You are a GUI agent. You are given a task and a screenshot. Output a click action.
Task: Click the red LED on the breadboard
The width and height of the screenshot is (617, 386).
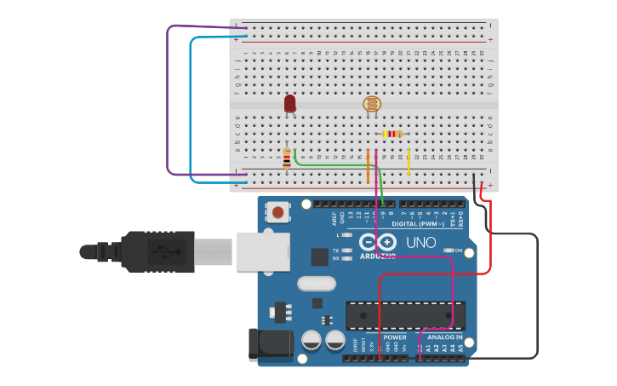[289, 104]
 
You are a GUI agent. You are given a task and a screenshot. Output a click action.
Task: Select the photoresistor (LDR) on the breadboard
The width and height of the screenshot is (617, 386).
[372, 105]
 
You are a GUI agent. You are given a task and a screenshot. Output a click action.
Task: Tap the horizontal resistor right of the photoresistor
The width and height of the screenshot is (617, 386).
[391, 134]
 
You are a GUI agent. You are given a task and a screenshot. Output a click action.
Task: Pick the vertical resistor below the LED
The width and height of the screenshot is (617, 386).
[287, 158]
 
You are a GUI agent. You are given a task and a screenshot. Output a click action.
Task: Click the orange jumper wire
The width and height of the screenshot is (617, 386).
[368, 167]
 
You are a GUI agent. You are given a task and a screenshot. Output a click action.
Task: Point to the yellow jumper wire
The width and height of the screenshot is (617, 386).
[408, 162]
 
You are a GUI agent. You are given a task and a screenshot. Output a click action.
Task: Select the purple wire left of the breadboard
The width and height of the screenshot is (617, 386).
[168, 102]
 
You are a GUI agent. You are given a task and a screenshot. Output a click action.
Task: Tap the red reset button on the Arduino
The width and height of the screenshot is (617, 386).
[277, 210]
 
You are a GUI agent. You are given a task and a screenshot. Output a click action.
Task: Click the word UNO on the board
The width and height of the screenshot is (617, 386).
[420, 243]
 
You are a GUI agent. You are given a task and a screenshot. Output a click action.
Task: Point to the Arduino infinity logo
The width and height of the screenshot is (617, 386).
[378, 241]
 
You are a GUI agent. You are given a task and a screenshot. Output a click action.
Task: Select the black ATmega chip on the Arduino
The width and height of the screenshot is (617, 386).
[405, 315]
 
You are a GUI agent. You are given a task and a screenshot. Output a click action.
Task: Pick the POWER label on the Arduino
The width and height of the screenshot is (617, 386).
[395, 337]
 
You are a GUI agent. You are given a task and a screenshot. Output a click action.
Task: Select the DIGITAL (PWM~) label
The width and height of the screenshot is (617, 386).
[423, 224]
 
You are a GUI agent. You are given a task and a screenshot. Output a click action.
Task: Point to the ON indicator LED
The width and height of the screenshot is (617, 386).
[448, 251]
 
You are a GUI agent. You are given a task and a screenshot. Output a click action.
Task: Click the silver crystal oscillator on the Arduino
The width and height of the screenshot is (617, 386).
[317, 283]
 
